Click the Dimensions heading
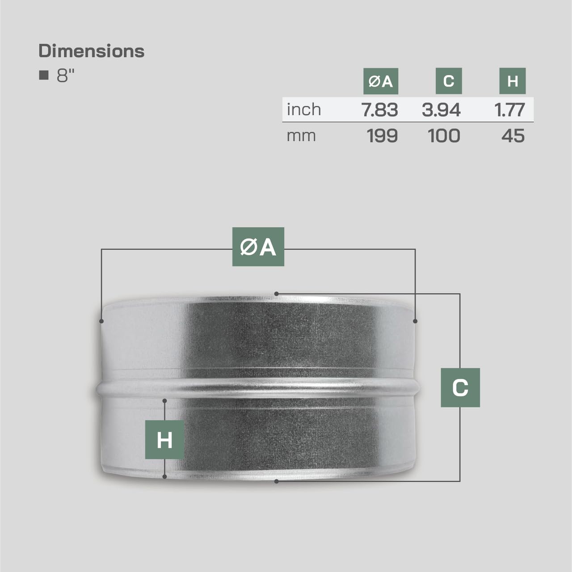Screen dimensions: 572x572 pyautogui.click(x=92, y=51)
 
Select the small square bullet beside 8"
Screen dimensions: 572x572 pyautogui.click(x=44, y=75)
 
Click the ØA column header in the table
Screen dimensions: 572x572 pyautogui.click(x=380, y=81)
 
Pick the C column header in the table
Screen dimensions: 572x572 pyautogui.click(x=449, y=81)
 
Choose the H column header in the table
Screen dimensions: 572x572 pyautogui.click(x=513, y=81)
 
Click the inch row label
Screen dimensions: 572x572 pyautogui.click(x=304, y=109)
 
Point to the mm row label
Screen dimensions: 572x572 pyautogui.click(x=301, y=135)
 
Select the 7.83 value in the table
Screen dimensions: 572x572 pyautogui.click(x=380, y=110)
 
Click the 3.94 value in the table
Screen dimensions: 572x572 pyautogui.click(x=441, y=110)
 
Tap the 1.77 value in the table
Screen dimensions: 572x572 pyautogui.click(x=510, y=110)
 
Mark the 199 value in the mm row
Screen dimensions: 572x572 pyautogui.click(x=382, y=136)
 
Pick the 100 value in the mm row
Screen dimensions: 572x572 pyautogui.click(x=444, y=136)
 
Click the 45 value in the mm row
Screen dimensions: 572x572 pyautogui.click(x=513, y=136)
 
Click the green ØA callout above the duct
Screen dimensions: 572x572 pyautogui.click(x=258, y=247)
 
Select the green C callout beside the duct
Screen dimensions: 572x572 pyautogui.click(x=460, y=387)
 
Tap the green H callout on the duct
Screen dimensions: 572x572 pyautogui.click(x=164, y=440)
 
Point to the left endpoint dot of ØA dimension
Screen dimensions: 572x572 pyautogui.click(x=102, y=321)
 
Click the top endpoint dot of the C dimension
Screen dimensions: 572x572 pyautogui.click(x=277, y=294)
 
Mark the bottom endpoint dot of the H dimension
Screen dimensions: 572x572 pyautogui.click(x=165, y=477)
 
